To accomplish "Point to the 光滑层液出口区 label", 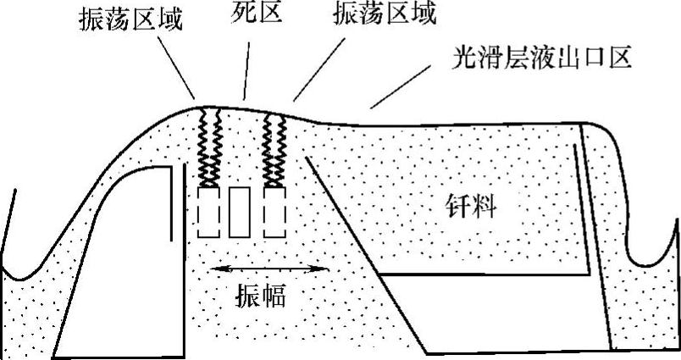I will click(x=543, y=58).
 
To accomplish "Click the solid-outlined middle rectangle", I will click(x=240, y=211).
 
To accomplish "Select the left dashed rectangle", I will click(x=208, y=211).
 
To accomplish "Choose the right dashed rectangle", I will click(x=273, y=211).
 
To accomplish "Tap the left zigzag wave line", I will click(x=208, y=146).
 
